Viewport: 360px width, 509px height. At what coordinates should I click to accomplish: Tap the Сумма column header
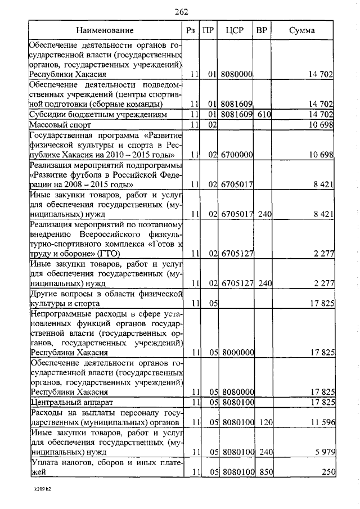coord(302,30)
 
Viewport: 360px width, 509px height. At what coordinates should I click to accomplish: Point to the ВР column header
coord(262,30)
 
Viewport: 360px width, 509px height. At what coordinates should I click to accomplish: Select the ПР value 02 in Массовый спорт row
coord(209,124)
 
